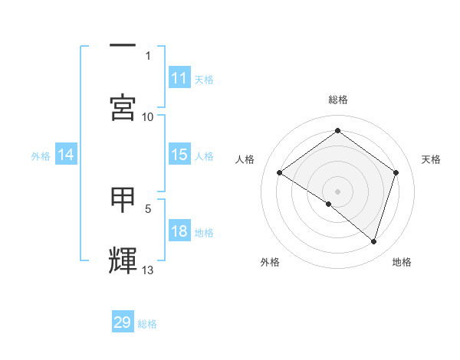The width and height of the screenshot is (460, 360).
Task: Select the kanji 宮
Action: point(123,107)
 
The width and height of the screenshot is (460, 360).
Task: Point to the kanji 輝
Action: point(123,260)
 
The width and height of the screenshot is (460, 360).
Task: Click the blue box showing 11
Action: point(179,78)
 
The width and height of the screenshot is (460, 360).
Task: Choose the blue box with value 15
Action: point(179,155)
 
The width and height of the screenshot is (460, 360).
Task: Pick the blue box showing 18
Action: point(179,232)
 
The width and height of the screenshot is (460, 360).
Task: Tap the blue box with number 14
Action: point(66,155)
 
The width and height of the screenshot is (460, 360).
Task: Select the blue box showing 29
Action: point(123,322)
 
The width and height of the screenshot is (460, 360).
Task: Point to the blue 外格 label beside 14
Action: point(41,156)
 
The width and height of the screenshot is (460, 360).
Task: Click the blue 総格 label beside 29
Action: point(147,324)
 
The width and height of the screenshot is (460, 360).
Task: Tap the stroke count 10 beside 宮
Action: point(148,116)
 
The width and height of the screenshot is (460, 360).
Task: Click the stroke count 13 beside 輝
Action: point(148,270)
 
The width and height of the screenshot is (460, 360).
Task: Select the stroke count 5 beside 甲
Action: point(148,208)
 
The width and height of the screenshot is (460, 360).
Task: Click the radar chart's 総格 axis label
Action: point(338,100)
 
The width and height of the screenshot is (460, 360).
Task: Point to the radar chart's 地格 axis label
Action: point(402,262)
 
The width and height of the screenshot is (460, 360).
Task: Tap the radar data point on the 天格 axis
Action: point(396,172)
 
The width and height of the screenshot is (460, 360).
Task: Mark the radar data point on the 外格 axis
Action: point(329,204)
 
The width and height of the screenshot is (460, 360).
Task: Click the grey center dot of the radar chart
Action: point(338,191)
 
